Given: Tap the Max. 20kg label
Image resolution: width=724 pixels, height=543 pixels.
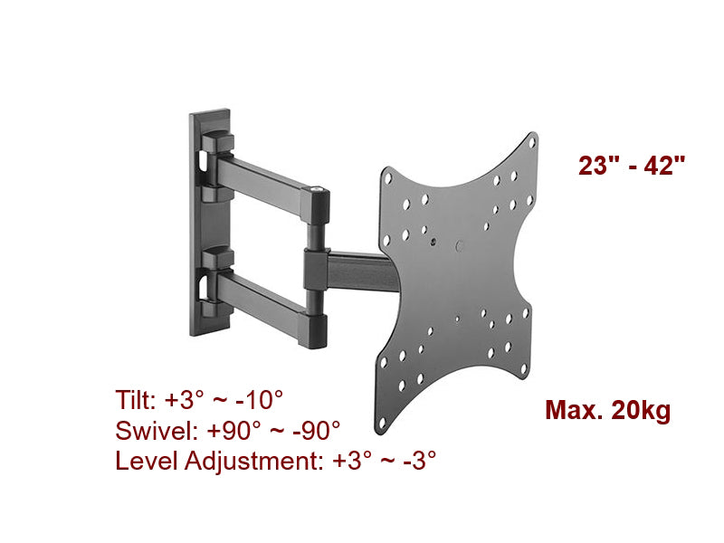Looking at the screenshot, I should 607,411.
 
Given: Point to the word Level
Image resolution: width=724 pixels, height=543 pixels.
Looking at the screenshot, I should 145,461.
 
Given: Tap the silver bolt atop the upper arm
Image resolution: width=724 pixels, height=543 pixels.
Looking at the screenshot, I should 317,188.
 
